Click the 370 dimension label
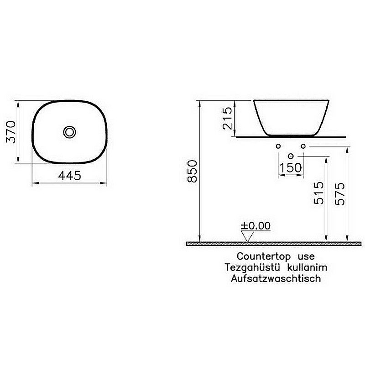tap(10, 131)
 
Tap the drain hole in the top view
tap(70, 132)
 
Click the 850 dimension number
tap(193, 172)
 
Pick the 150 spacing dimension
tap(291, 167)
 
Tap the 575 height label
tap(340, 193)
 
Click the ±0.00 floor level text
tap(255, 226)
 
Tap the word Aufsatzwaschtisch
tap(276, 278)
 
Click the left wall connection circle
tap(278, 146)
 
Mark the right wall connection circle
tap(303, 146)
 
